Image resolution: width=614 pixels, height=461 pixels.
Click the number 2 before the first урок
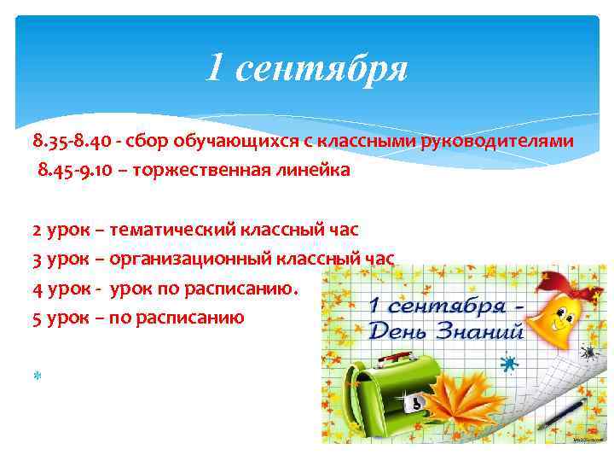37,230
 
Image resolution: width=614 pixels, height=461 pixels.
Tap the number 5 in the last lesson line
37,318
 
